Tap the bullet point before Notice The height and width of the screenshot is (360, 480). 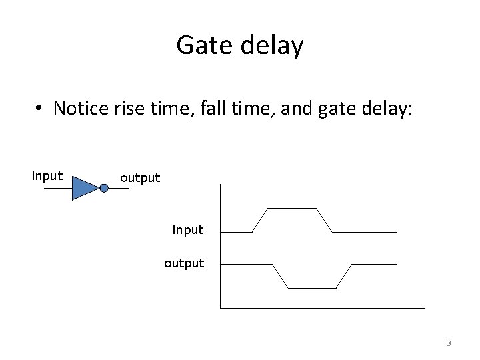[x=41, y=109]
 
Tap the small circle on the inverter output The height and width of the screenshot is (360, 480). [x=103, y=188]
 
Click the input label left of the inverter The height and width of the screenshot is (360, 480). [x=47, y=177]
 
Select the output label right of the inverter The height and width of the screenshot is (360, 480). [x=140, y=178]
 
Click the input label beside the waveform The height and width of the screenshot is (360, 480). [x=188, y=230]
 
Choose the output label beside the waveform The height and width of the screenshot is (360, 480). [x=184, y=263]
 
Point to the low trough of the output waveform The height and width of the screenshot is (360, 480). [x=312, y=287]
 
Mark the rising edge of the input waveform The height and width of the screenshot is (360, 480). [x=260, y=220]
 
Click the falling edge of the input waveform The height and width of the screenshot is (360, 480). [x=324, y=220]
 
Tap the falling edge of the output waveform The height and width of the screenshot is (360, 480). [x=280, y=276]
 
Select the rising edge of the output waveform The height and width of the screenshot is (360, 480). [x=344, y=276]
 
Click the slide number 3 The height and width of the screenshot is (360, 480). [x=449, y=344]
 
